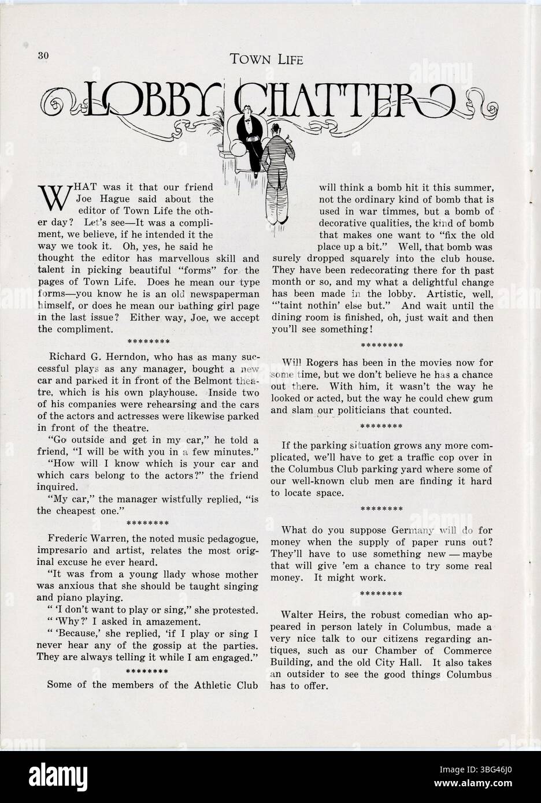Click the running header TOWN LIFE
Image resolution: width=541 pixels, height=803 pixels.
tap(266, 58)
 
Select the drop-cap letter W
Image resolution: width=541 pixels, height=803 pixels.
tap(52, 198)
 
